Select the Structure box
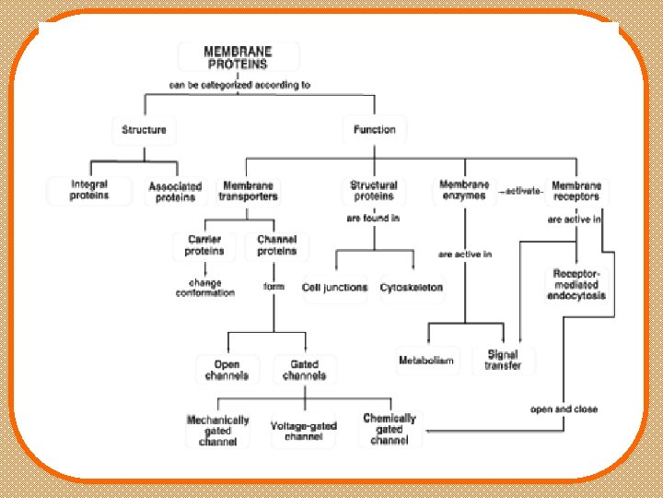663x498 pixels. [145, 129]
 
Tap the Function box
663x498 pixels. [374, 129]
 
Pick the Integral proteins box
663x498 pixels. [88, 190]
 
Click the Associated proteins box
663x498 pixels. [175, 191]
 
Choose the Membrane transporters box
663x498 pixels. [248, 190]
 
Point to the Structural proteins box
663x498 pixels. [374, 190]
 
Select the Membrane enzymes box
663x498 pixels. [464, 190]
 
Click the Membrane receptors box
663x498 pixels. [576, 190]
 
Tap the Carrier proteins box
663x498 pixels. [204, 245]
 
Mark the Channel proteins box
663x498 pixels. [277, 245]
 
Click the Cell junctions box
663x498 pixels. [334, 287]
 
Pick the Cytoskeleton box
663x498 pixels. [412, 287]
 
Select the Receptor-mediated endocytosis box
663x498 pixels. [577, 285]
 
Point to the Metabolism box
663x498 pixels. [425, 360]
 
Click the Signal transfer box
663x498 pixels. [502, 360]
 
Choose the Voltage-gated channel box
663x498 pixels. [304, 431]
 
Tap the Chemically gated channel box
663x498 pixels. [390, 430]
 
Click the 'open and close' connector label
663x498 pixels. [564, 409]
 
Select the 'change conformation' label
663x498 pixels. [204, 287]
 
